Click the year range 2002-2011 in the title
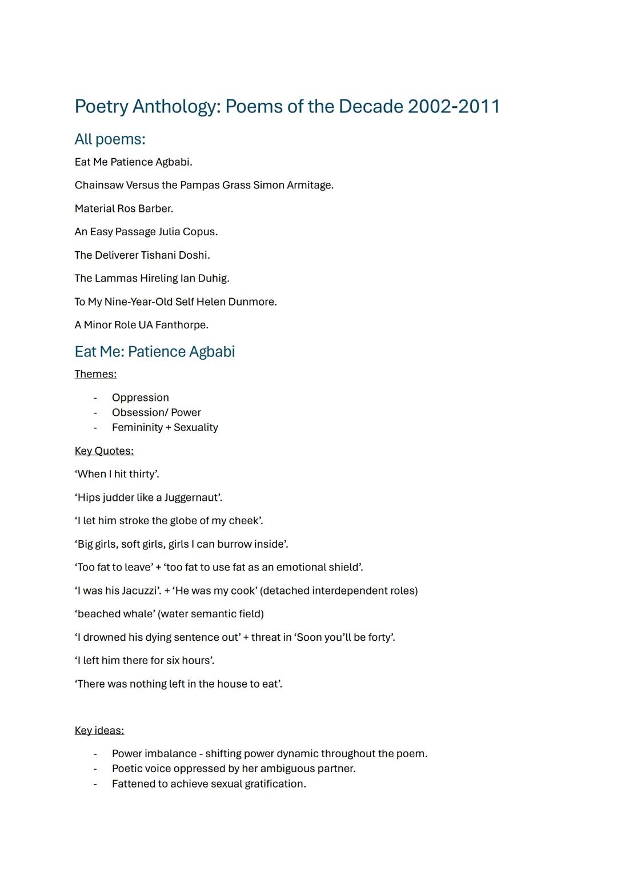pyautogui.click(x=454, y=107)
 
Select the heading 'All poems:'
pyautogui.click(x=110, y=139)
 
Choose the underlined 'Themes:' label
pyautogui.click(x=95, y=375)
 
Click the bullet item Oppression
pyautogui.click(x=141, y=398)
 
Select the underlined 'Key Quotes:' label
pyautogui.click(x=104, y=451)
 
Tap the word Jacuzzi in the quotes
pyautogui.click(x=138, y=591)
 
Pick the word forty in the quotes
pyautogui.click(x=380, y=638)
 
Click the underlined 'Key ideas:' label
pyautogui.click(x=99, y=731)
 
